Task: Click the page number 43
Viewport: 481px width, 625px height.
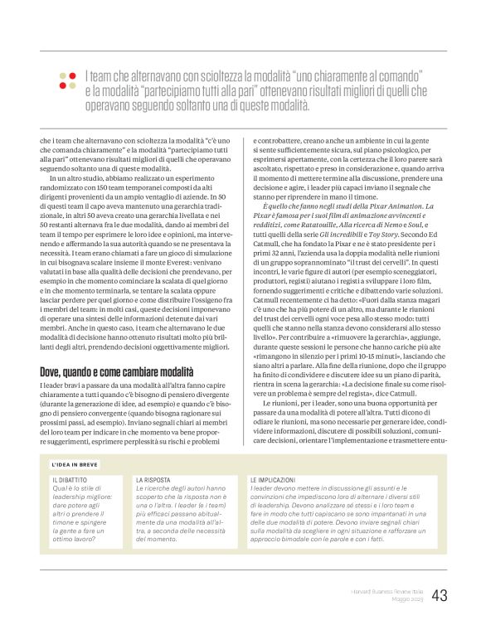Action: [440, 594]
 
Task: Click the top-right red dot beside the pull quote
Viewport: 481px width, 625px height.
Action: [73, 76]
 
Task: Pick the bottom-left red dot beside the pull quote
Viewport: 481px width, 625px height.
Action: [62, 87]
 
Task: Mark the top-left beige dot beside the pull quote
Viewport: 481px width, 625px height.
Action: [62, 76]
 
